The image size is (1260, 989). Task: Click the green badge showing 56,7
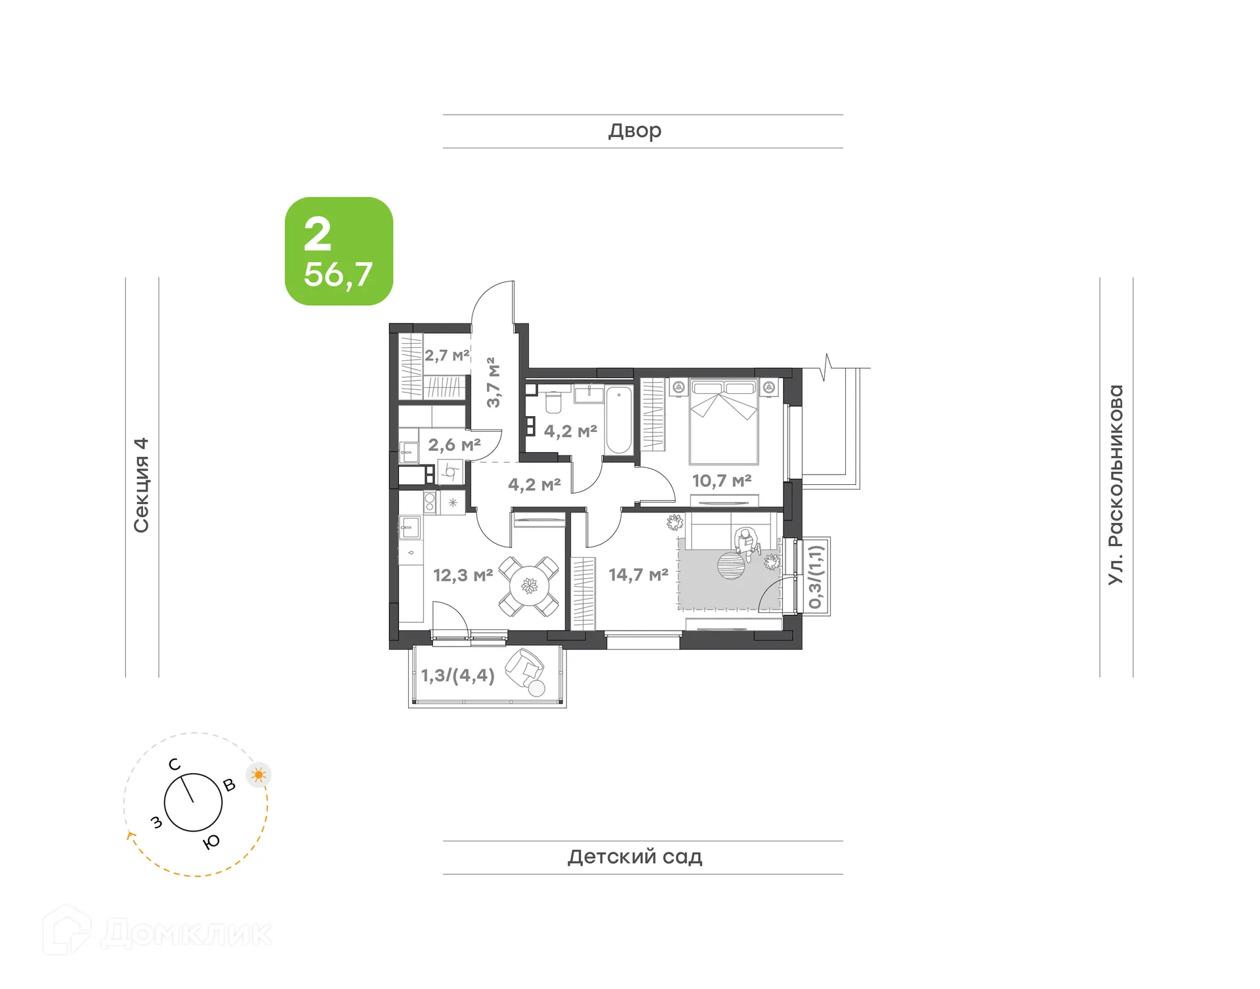(x=339, y=251)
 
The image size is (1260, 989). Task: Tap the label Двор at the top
(x=635, y=131)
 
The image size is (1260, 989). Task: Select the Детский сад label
(x=635, y=856)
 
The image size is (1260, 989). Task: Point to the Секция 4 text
(x=142, y=485)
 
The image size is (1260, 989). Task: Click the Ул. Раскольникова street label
(x=1116, y=484)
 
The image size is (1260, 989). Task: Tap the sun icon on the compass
(x=259, y=775)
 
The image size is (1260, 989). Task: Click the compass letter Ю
(x=211, y=842)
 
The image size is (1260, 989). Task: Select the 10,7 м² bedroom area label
(x=721, y=480)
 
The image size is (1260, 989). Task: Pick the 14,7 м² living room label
(x=638, y=575)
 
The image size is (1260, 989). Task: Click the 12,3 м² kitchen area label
(x=463, y=576)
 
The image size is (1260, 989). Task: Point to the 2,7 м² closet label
(x=446, y=356)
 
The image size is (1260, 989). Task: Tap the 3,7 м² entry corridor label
(x=493, y=382)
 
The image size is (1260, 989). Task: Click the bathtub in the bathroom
(x=618, y=420)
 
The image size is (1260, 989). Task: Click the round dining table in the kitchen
(x=529, y=585)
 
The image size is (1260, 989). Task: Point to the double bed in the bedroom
(x=723, y=420)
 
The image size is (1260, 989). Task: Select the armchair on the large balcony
(x=524, y=669)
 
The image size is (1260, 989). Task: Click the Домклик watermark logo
(x=157, y=932)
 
